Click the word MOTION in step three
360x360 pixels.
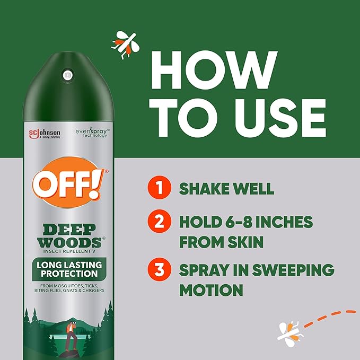(x=211, y=290)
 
